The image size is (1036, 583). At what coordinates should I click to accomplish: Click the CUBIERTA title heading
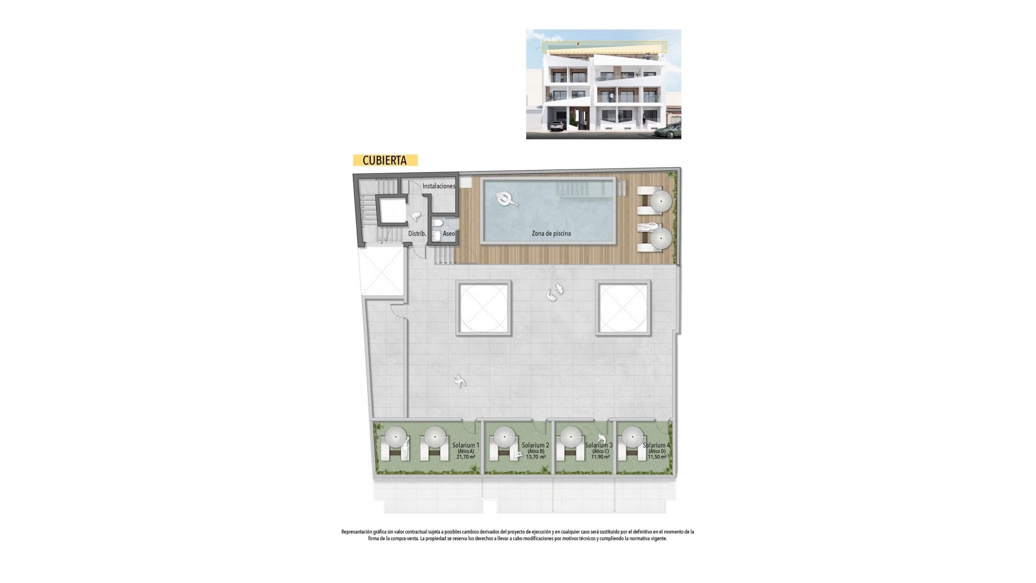385,160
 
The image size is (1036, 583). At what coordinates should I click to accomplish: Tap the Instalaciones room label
439,186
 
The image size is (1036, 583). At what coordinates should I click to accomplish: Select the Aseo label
449,234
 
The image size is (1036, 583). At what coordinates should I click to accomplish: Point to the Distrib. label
417,234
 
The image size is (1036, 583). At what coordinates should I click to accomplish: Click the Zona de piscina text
551,233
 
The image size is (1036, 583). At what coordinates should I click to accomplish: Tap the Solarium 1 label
466,445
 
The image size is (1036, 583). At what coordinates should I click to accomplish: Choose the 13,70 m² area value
535,457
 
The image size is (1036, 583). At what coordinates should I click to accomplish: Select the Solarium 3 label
599,445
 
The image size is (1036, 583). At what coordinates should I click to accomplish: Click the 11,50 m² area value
657,457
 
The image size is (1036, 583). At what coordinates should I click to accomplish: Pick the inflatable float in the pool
507,199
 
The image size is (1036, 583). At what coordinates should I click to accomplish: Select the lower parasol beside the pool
661,238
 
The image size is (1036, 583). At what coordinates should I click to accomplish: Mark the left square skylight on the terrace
483,308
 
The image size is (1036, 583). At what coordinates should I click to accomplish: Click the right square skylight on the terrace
624,308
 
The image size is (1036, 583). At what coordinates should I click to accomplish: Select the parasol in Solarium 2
505,436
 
